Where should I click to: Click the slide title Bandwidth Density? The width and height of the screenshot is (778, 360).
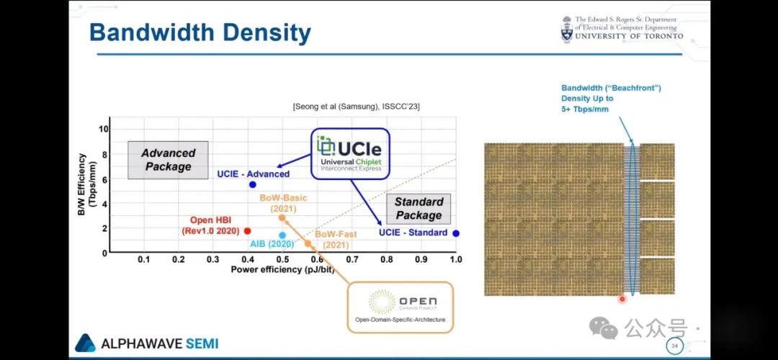coord(200,32)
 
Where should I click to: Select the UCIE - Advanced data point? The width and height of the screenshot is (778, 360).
coord(252,185)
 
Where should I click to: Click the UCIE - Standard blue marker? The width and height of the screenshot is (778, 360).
coord(456,233)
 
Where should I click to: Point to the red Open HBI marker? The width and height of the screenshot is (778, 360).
coord(247,231)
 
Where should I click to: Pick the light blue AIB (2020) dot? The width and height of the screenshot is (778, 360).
coord(282,235)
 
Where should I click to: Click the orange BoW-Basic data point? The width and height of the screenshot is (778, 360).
coord(282,217)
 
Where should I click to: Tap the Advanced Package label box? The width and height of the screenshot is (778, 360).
coord(168,160)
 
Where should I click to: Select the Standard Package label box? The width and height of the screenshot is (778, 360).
coord(419,208)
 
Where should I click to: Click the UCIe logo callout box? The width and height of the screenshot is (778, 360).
coord(350,153)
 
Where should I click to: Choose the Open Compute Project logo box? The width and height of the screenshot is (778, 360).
coord(401,306)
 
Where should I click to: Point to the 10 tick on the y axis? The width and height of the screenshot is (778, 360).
coord(104,130)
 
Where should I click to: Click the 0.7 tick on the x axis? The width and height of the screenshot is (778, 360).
coord(352,258)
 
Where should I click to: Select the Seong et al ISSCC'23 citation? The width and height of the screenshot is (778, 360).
coord(357,107)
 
